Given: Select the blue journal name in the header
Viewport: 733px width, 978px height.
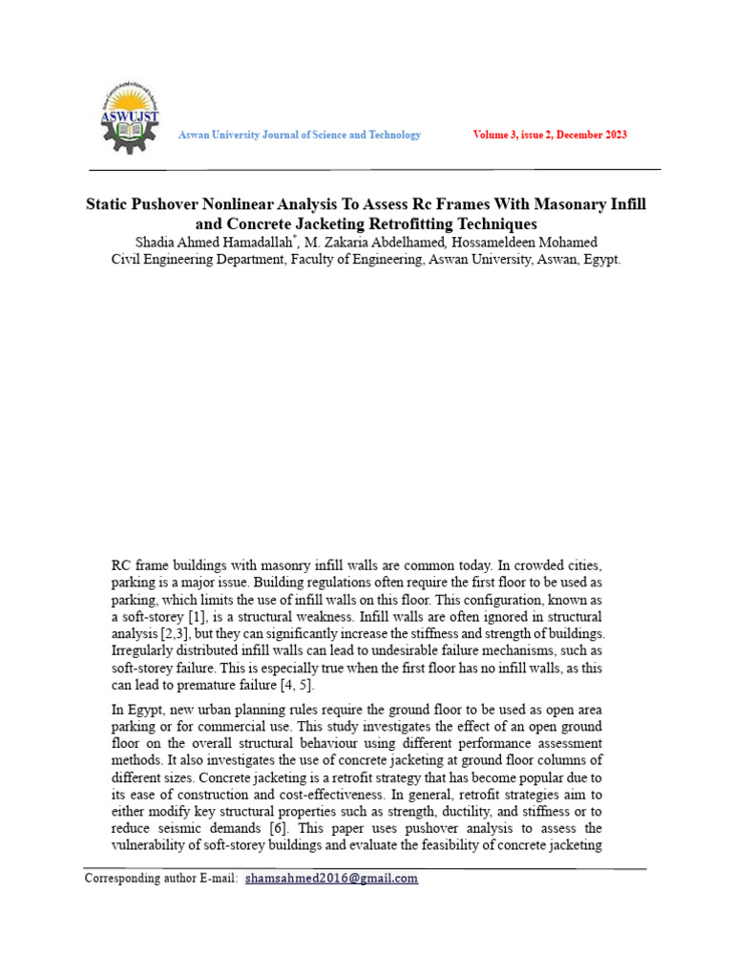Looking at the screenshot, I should coord(300,135).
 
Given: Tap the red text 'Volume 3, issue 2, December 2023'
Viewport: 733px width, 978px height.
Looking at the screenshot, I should coord(550,135).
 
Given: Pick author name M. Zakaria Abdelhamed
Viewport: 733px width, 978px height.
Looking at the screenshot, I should coord(380,242).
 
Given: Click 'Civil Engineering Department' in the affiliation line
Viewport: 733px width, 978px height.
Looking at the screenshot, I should coord(198,259).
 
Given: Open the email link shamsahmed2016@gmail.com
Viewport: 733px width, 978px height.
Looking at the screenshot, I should coord(331,879).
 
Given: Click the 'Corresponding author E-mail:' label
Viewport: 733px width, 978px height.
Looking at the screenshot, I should coord(161,879).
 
